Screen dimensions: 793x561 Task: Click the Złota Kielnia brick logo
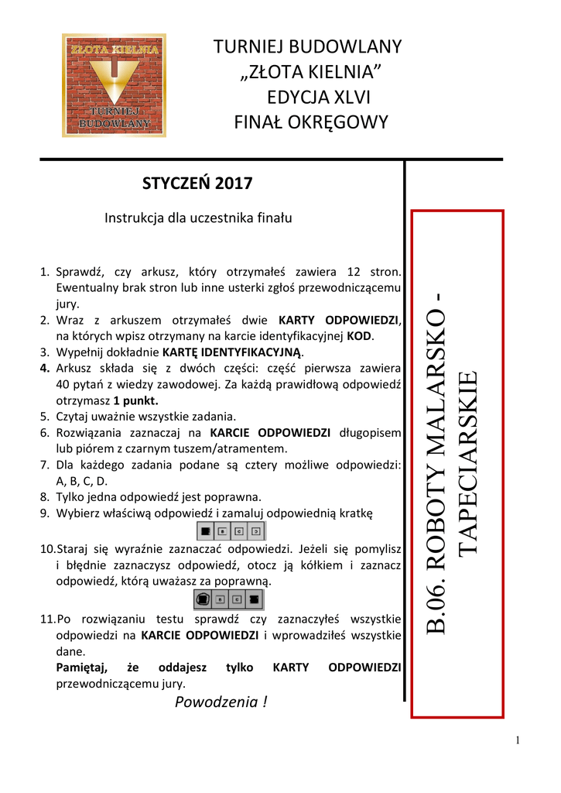(x=113, y=85)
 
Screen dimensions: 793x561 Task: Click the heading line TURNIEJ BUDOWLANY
(x=307, y=47)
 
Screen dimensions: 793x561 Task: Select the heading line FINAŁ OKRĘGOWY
(x=310, y=122)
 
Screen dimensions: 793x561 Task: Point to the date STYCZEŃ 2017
(x=197, y=184)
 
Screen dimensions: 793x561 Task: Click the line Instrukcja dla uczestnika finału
(x=198, y=218)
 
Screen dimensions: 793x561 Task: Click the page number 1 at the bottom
(x=517, y=740)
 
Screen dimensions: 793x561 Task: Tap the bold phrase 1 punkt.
(x=135, y=400)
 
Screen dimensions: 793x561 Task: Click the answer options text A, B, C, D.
(x=82, y=481)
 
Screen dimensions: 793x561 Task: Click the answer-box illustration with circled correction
(x=230, y=599)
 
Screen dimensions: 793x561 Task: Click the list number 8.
(x=44, y=496)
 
